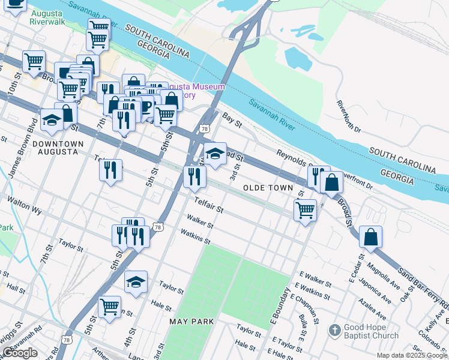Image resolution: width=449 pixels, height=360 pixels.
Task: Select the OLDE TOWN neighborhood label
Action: click(268, 188)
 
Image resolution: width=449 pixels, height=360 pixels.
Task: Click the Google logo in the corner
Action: click(20, 352)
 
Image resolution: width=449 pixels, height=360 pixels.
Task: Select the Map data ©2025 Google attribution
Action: click(412, 355)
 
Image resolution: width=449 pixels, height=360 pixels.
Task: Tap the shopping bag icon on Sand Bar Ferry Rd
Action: click(371, 237)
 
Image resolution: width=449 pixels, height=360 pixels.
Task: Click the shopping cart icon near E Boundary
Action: click(305, 210)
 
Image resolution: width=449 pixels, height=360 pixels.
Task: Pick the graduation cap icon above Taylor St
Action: click(136, 281)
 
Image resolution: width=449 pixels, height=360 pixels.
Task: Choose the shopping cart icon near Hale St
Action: click(110, 307)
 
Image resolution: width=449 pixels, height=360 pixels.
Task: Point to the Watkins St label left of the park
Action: click(196, 238)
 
